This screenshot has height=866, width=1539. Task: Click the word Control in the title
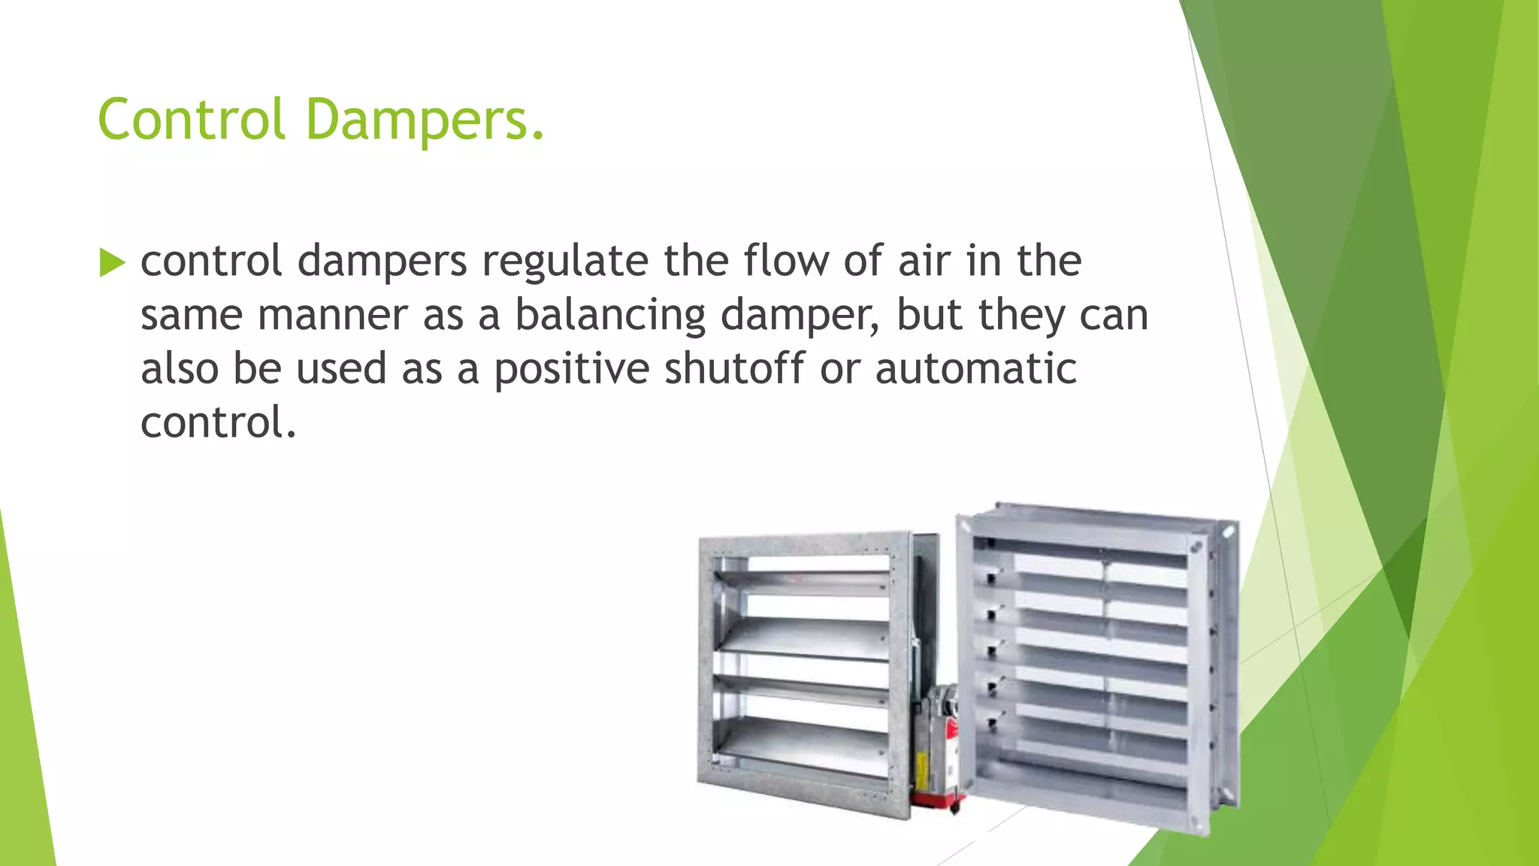(x=192, y=120)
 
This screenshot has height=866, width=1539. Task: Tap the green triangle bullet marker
(x=111, y=263)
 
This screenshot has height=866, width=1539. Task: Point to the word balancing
(x=609, y=315)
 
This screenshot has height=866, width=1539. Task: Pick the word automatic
(x=975, y=368)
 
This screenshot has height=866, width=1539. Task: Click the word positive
(x=571, y=368)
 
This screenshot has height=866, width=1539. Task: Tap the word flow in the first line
(x=786, y=261)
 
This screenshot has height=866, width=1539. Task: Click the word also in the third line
(x=180, y=368)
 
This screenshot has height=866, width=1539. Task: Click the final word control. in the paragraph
(x=218, y=422)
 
